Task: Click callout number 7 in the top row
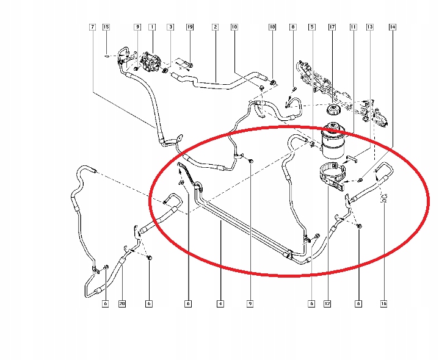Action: [x=92, y=27]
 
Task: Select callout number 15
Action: [x=106, y=27]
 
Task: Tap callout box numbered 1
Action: [x=152, y=27]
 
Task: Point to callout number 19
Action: [x=190, y=27]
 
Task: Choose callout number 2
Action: [x=215, y=27]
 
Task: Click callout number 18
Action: [x=272, y=27]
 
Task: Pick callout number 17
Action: [x=332, y=27]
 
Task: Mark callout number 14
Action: [x=393, y=27]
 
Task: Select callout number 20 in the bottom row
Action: [x=122, y=303]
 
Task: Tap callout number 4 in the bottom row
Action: [x=220, y=303]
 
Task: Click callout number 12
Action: [x=327, y=303]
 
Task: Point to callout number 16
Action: [x=384, y=303]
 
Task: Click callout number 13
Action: [x=369, y=27]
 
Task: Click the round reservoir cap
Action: [x=333, y=109]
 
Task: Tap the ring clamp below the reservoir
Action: [x=333, y=177]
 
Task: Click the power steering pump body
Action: [x=151, y=62]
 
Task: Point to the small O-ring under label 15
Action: [x=107, y=56]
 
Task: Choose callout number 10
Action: [x=234, y=27]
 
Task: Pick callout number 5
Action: [x=312, y=27]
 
